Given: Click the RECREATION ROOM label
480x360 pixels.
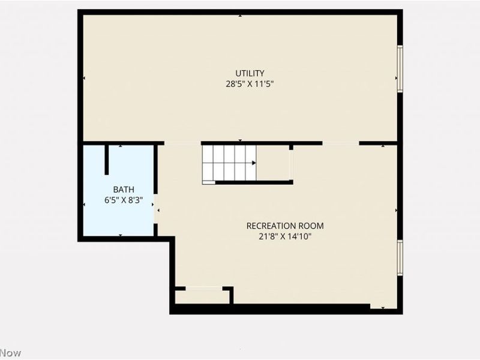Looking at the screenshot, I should (x=285, y=226).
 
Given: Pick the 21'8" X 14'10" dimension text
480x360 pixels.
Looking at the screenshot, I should (x=285, y=236).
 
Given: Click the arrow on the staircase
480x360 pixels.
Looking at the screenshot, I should (x=254, y=162).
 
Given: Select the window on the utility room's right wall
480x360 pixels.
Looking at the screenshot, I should (x=400, y=69).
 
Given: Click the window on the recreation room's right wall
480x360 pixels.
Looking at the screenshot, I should (x=400, y=257).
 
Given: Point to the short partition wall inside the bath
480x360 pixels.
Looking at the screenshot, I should (x=107, y=159).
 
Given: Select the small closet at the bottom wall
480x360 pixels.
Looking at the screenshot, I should (x=203, y=296).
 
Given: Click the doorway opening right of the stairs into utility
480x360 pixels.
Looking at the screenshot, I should (x=341, y=143).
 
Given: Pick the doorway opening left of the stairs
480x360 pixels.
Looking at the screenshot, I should (x=182, y=143).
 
